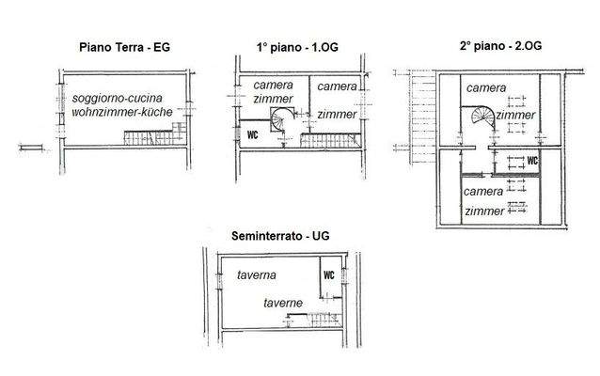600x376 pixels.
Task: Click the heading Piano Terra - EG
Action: pos(125,45)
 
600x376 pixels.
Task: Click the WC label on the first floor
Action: pos(252,133)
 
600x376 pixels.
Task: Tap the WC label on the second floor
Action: pos(531,161)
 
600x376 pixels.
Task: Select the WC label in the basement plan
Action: pos(329,275)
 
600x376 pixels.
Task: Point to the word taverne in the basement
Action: pos(282,303)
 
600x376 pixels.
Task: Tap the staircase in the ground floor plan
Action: pos(155,139)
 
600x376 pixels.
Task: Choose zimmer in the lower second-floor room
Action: pos(484,211)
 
